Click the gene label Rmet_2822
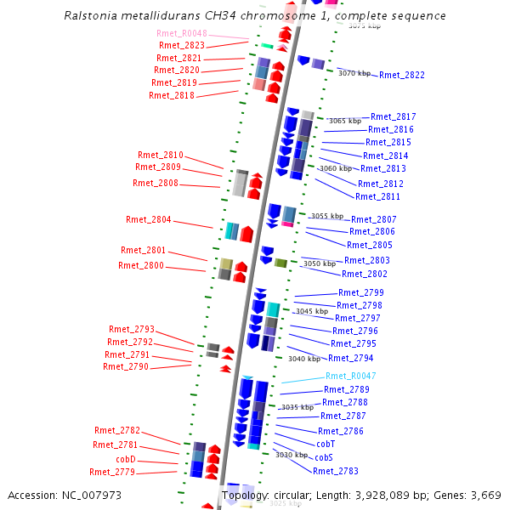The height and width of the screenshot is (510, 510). pyautogui.click(x=401, y=75)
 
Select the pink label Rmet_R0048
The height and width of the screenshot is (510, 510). pyautogui.click(x=181, y=33)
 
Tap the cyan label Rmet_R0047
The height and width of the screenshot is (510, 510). pyautogui.click(x=350, y=376)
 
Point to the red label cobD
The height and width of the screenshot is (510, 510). pyautogui.click(x=126, y=459)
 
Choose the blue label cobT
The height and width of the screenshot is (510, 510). pyautogui.click(x=326, y=444)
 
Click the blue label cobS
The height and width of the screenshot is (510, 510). pyautogui.click(x=324, y=457)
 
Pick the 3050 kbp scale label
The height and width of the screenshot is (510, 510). pyautogui.click(x=319, y=264)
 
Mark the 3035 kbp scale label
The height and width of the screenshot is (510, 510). pyautogui.click(x=297, y=407)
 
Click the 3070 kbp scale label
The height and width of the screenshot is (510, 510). pyautogui.click(x=354, y=73)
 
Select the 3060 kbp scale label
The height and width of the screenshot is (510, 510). pyautogui.click(x=334, y=168)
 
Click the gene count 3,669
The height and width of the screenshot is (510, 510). pyautogui.click(x=486, y=495)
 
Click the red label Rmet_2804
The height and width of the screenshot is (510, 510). pyautogui.click(x=148, y=219)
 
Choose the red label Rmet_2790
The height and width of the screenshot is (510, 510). pyautogui.click(x=125, y=366)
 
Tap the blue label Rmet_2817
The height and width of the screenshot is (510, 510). pyautogui.click(x=393, y=116)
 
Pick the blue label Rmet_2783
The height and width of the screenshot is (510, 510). pyautogui.click(x=335, y=471)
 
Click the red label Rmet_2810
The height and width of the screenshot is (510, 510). pyautogui.click(x=160, y=155)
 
